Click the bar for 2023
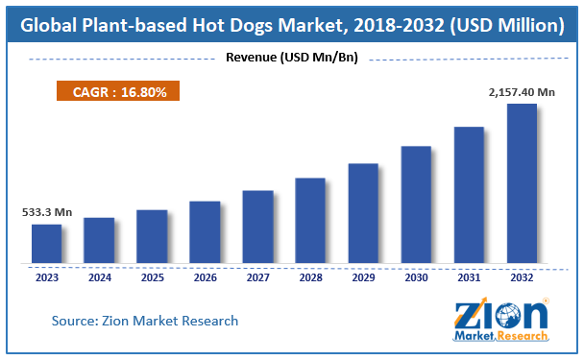tap(46, 244)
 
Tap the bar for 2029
tap(363, 213)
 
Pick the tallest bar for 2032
tap(522, 183)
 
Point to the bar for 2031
tap(469, 195)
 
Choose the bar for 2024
tap(99, 240)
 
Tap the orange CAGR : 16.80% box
tap(112, 92)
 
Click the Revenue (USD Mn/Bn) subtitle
tap(291, 58)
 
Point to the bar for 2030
tap(416, 204)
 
